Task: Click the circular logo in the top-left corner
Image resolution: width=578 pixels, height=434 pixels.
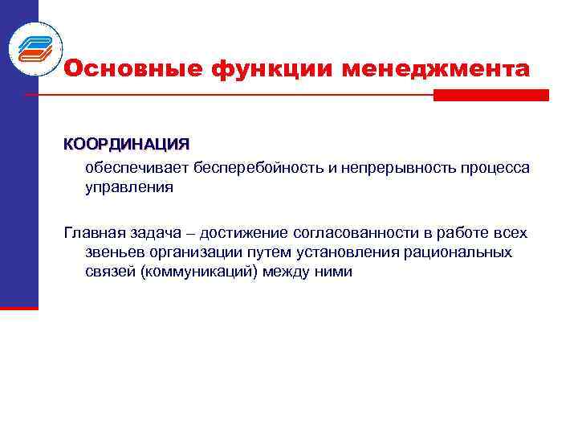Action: [35, 47]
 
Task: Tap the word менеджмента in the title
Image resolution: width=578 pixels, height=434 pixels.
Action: [436, 69]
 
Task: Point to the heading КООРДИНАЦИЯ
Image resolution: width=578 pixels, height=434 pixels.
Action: [127, 145]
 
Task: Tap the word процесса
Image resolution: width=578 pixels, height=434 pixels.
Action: [495, 168]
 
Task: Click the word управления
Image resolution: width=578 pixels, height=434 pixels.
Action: [129, 187]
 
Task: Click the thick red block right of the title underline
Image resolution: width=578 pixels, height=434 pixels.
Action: [491, 95]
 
